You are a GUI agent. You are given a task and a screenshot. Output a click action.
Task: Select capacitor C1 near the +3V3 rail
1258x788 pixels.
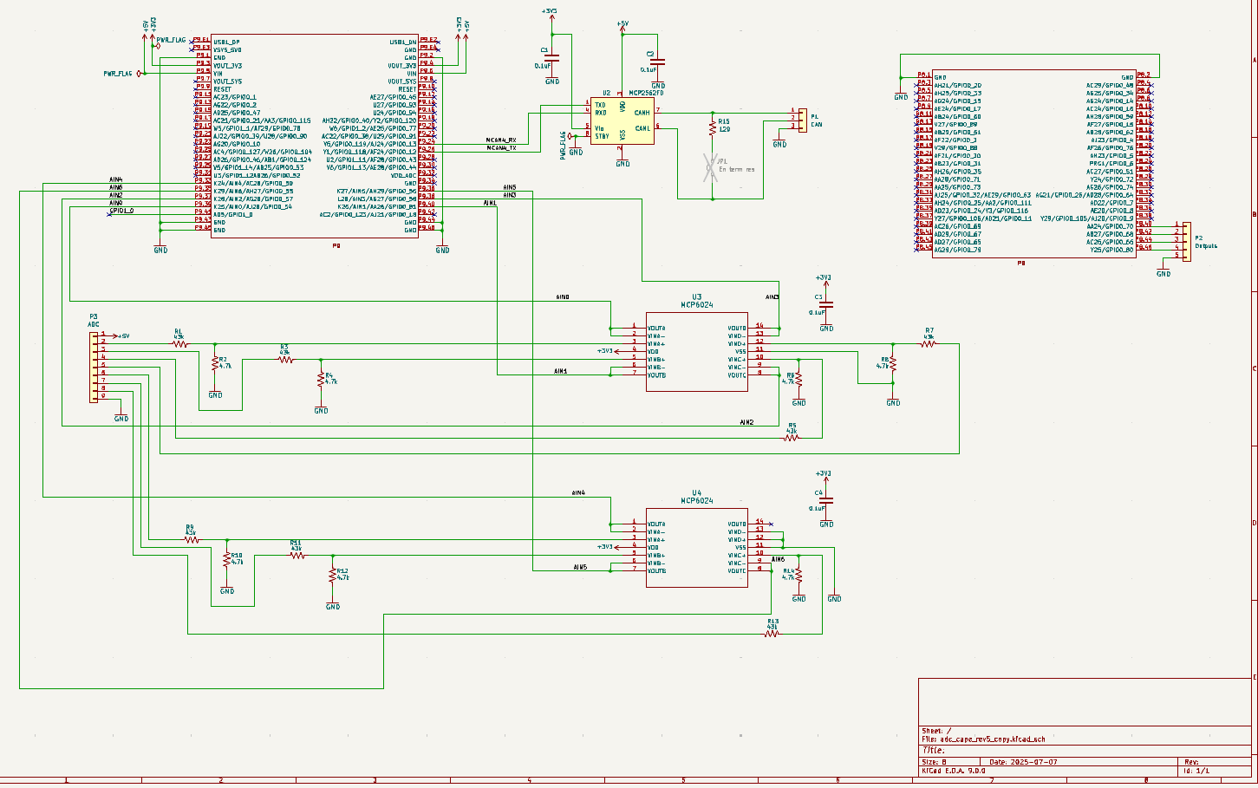tap(552, 59)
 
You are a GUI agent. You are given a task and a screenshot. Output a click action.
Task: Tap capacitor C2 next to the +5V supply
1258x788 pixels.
tap(658, 62)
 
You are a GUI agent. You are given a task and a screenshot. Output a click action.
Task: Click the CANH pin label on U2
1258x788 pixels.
tap(642, 113)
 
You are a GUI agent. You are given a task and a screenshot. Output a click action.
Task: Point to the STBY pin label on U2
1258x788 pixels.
tap(602, 136)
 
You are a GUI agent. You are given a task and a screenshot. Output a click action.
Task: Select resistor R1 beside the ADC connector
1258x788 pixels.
tap(179, 343)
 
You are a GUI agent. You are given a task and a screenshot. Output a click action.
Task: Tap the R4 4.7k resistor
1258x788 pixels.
tap(322, 378)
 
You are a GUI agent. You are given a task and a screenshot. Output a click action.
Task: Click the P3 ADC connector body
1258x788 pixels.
tap(94, 366)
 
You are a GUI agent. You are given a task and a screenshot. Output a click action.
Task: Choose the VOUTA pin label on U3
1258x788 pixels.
tap(656, 329)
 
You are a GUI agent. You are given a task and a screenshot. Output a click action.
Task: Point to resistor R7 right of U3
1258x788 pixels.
tap(929, 343)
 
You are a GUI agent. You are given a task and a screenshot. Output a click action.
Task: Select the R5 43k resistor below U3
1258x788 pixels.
tap(791, 438)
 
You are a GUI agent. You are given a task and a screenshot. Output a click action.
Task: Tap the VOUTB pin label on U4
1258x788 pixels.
tap(656, 570)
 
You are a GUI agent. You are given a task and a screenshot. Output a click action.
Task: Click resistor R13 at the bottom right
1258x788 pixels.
tap(772, 634)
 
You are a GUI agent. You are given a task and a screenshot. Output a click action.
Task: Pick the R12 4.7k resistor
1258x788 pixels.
tap(333, 576)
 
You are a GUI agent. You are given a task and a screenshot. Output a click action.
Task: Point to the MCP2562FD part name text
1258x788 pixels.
tap(646, 93)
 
